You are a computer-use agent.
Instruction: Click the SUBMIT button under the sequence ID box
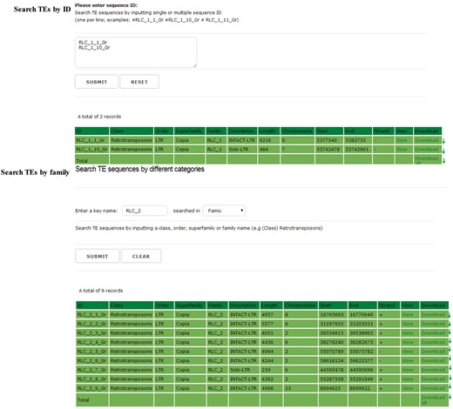pyautogui.click(x=96, y=82)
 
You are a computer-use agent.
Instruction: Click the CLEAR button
pyautogui.click(x=140, y=256)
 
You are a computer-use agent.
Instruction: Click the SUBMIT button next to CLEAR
pyautogui.click(x=96, y=256)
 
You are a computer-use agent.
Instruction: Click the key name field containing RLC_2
pyautogui.click(x=144, y=211)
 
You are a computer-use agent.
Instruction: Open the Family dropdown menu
pyautogui.click(x=224, y=211)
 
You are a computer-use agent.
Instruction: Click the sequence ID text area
pyautogui.click(x=135, y=52)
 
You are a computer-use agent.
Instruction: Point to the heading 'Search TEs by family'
pyautogui.click(x=36, y=172)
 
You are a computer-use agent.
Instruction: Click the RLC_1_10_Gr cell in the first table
pyautogui.click(x=91, y=150)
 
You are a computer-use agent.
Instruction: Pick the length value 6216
pyautogui.click(x=267, y=139)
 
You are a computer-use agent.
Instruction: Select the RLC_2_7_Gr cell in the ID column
pyautogui.click(x=91, y=371)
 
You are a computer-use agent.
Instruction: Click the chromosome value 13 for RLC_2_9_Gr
pyautogui.click(x=285, y=388)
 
